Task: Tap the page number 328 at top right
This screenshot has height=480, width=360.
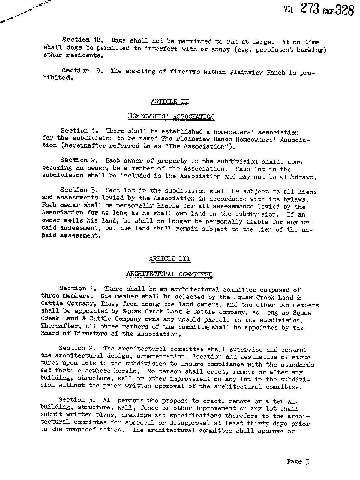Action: pyautogui.click(x=344, y=10)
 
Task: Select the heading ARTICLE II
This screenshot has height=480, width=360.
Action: pyautogui.click(x=170, y=101)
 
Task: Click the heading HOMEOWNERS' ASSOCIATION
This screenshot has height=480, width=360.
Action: pyautogui.click(x=171, y=116)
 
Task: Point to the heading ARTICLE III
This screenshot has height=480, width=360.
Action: pyautogui.click(x=169, y=259)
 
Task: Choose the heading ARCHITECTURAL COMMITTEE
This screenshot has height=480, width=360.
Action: pyautogui.click(x=169, y=274)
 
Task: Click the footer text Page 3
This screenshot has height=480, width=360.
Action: pyautogui.click(x=298, y=461)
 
